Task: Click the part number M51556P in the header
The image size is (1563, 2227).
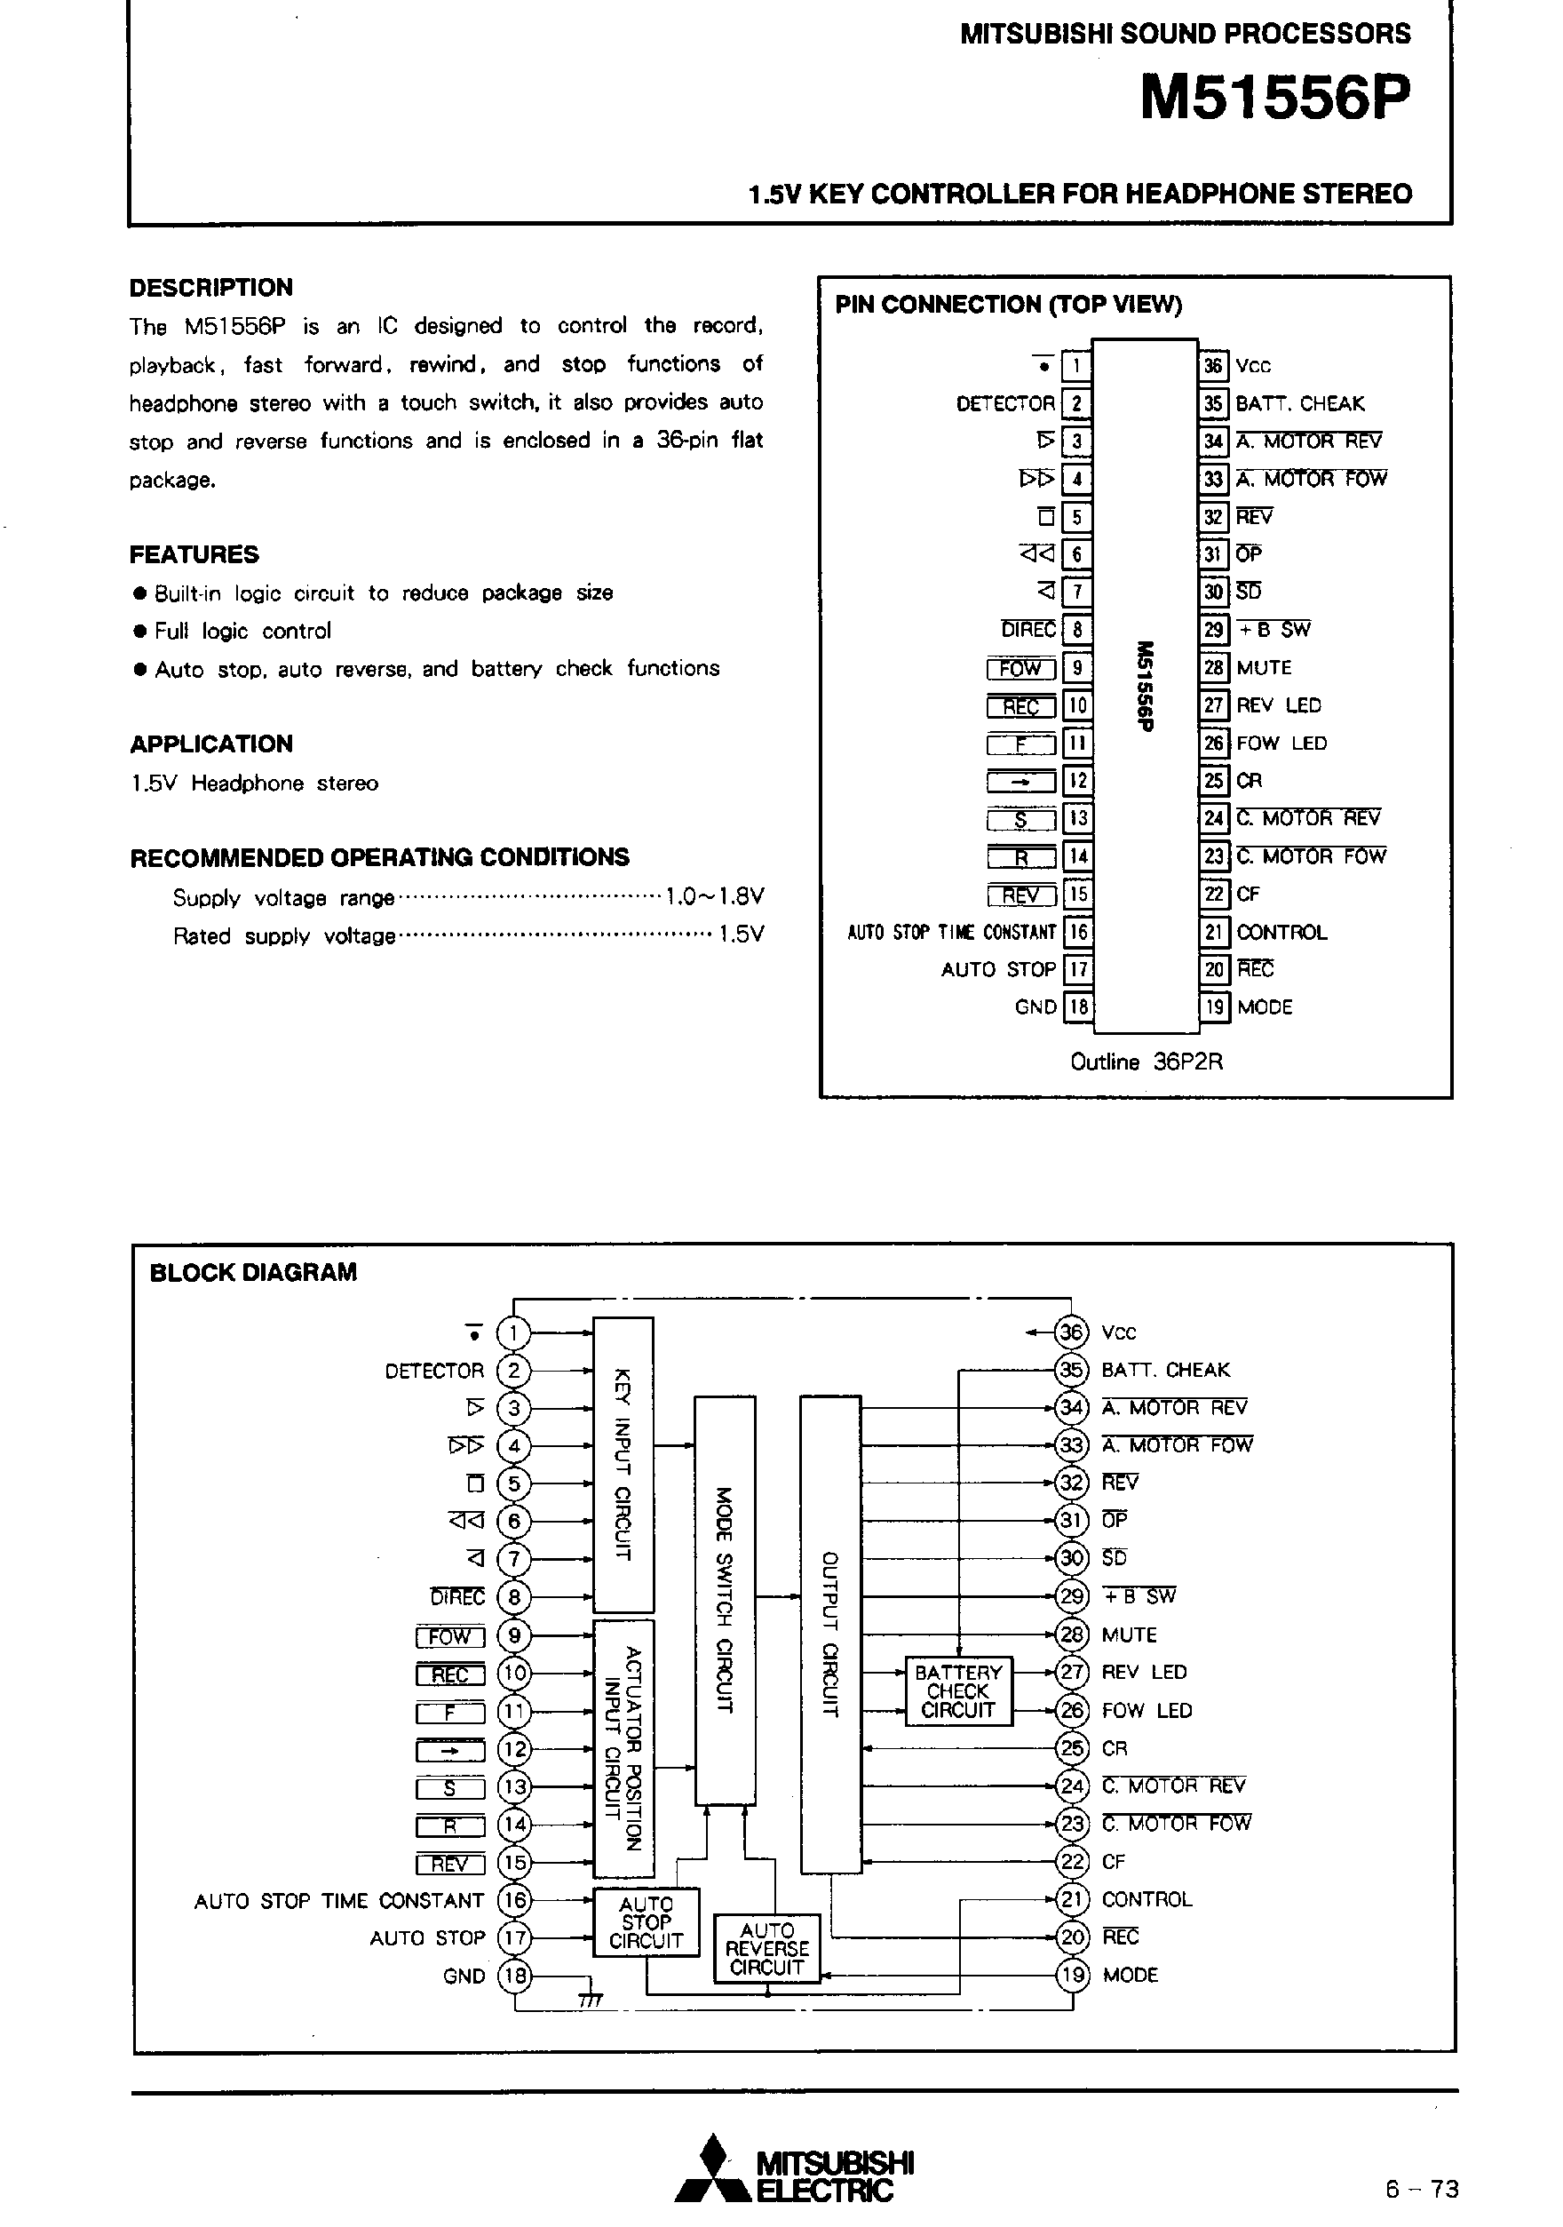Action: [1275, 98]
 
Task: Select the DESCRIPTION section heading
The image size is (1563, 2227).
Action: [210, 287]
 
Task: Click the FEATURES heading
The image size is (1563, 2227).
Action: [194, 555]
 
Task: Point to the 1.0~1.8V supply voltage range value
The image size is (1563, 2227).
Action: [715, 896]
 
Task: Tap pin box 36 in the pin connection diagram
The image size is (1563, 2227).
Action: [1213, 366]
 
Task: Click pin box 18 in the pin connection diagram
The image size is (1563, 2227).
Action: [1077, 1006]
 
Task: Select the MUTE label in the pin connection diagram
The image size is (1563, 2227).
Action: [1264, 667]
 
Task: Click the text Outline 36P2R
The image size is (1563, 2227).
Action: [1146, 1062]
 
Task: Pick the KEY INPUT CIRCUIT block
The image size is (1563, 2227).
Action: [623, 1465]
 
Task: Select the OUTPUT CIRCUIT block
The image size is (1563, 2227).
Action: [830, 1634]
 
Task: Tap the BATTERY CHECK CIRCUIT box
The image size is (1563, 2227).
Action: [958, 1691]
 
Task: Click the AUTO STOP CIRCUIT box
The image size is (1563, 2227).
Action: [646, 1922]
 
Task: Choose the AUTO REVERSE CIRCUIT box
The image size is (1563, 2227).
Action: [767, 1949]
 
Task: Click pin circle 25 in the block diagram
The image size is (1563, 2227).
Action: [1070, 1748]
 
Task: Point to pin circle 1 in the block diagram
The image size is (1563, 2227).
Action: [513, 1332]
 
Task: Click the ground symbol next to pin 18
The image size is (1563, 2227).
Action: [590, 1999]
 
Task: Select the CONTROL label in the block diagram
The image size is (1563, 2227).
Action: [1146, 1899]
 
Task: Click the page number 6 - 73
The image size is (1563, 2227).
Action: [1422, 2189]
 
